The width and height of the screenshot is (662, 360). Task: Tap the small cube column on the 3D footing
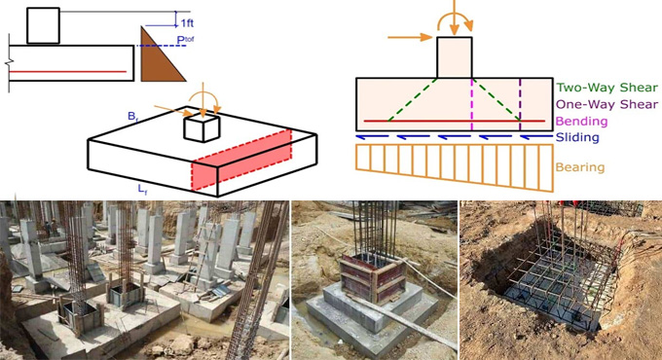coord(202,126)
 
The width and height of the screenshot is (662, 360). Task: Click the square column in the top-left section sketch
coord(44,25)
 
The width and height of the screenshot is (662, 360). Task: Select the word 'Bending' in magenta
coord(580,121)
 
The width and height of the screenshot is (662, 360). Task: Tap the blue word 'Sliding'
coord(577,137)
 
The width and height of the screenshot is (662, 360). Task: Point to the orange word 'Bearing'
coord(579,166)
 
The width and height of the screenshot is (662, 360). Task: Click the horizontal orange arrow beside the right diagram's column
coord(409,38)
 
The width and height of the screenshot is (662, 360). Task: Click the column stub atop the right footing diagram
coord(455,57)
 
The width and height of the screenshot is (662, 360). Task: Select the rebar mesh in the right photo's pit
coord(555,277)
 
